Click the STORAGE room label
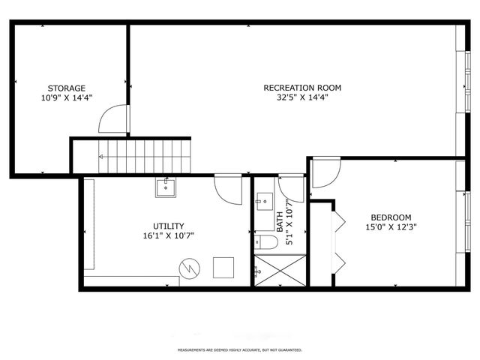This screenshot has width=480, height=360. (x=67, y=88)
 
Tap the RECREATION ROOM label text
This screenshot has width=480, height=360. (x=296, y=88)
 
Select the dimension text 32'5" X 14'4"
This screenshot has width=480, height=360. (x=296, y=97)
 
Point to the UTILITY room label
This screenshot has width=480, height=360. (x=169, y=226)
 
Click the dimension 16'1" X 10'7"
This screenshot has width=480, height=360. (x=169, y=235)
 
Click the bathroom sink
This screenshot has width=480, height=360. (x=263, y=200)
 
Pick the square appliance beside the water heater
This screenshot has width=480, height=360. (x=223, y=267)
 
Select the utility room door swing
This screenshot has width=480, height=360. (x=226, y=187)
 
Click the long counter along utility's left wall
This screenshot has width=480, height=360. (x=88, y=224)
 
